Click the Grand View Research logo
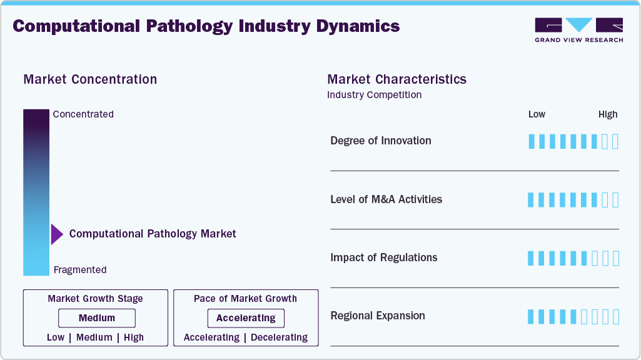pos(578,30)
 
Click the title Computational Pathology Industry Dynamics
pos(206,26)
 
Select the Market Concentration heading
pos(90,79)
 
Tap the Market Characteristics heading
pos(396,79)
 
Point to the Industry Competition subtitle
pos(374,95)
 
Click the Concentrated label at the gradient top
pos(83,114)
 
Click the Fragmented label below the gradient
pos(80,270)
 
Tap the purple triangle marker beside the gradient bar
pos(56,234)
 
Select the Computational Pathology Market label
pos(153,234)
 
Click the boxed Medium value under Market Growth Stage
pos(96,318)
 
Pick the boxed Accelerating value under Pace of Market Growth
pos(246,318)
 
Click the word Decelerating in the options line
pos(279,337)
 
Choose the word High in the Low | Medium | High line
pos(134,337)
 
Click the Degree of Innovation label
pos(381,141)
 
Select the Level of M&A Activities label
pos(386,199)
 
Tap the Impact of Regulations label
pos(383,257)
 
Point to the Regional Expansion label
pos(378,316)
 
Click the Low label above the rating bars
pos(537,114)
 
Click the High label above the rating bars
pos(608,114)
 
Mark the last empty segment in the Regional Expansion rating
pos(615,317)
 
